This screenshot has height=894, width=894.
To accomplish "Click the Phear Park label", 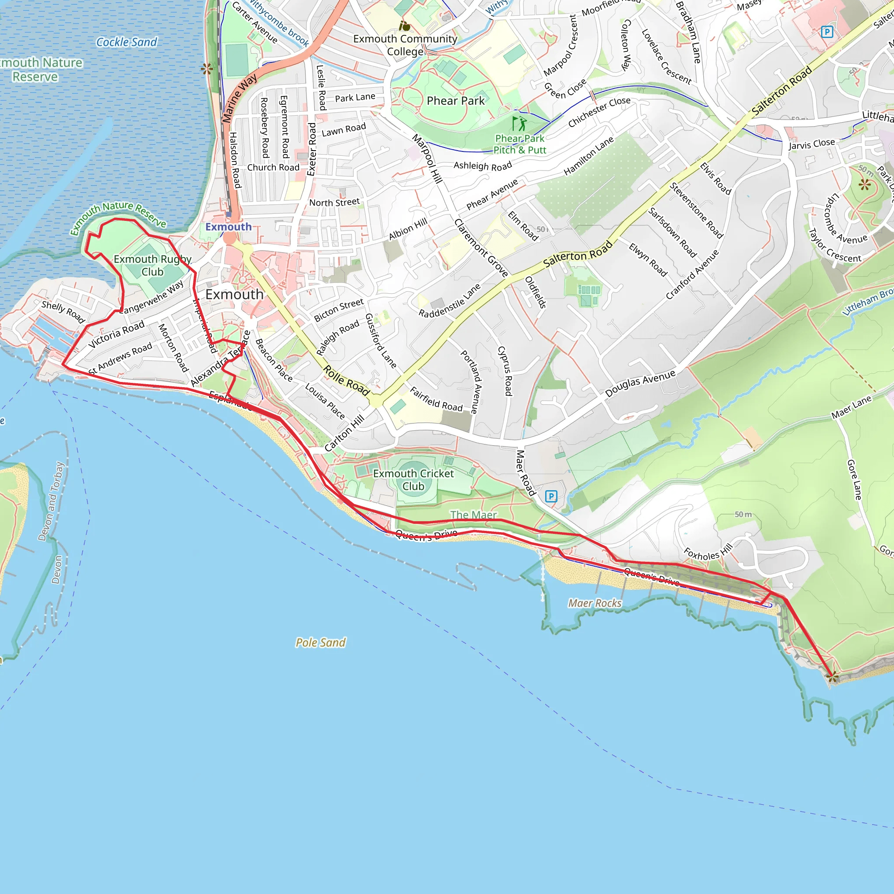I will [455, 101].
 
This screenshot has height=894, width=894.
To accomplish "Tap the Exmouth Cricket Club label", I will [413, 480].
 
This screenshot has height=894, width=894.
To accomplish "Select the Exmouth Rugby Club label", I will [152, 265].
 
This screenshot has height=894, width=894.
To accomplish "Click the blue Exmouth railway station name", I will [229, 227].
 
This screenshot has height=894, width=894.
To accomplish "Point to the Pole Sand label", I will [320, 643].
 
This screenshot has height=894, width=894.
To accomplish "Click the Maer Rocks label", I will [595, 603].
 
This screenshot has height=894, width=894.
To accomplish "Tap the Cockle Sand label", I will [126, 42].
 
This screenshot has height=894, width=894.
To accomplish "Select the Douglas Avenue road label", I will [640, 383].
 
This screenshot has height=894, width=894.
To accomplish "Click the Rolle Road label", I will [346, 380].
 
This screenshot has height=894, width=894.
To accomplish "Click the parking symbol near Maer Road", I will [550, 496].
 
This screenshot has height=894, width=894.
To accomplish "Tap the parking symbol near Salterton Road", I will [826, 32].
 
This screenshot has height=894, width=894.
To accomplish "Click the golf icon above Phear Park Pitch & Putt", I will [519, 124].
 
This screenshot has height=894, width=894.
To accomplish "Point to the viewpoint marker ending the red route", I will [832, 677].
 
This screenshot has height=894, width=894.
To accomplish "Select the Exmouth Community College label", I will [405, 45].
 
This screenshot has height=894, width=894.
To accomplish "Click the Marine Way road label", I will [239, 99].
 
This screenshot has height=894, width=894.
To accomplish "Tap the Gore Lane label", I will [854, 479].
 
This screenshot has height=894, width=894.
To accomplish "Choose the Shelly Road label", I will [63, 311].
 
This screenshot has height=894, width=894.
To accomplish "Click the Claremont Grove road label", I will [481, 248].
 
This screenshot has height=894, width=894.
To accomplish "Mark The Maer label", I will [473, 515].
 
